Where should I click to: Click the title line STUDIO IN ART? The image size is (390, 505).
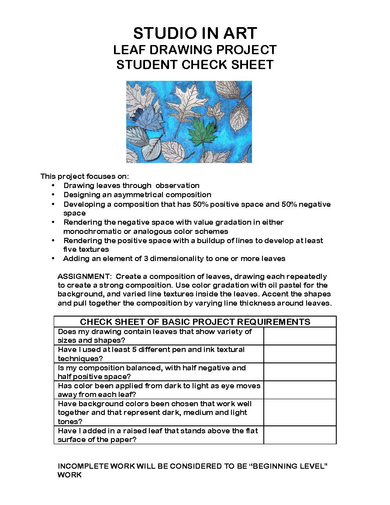pyautogui.click(x=195, y=33)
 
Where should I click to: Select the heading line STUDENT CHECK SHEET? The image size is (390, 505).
pyautogui.click(x=195, y=65)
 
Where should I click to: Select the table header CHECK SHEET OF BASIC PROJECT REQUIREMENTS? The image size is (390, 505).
pyautogui.click(x=195, y=322)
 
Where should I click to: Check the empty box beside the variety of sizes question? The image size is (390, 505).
pyautogui.click(x=300, y=336)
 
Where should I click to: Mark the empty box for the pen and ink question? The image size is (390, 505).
pyautogui.click(x=300, y=354)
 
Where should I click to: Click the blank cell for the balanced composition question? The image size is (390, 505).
pyautogui.click(x=300, y=372)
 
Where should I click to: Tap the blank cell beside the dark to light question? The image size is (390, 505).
pyautogui.click(x=300, y=390)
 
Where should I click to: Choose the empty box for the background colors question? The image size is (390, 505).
pyautogui.click(x=300, y=412)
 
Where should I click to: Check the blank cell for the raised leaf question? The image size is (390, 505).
pyautogui.click(x=300, y=435)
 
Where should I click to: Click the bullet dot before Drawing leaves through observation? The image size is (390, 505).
pyautogui.click(x=53, y=185)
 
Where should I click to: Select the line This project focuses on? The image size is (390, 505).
pyautogui.click(x=85, y=176)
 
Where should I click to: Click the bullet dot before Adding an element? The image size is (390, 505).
pyautogui.click(x=53, y=258)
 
